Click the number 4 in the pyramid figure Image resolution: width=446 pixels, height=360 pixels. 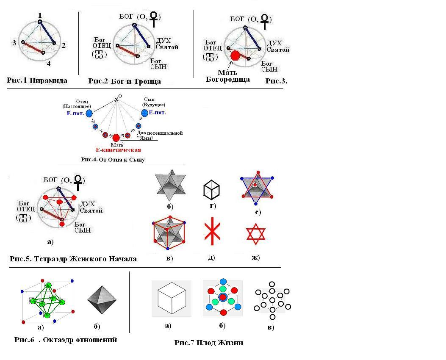tap(48, 64)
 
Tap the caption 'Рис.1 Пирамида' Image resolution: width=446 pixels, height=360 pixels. tap(37, 80)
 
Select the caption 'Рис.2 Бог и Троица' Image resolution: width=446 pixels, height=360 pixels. tap(125, 81)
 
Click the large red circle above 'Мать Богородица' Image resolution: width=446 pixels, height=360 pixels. tap(235, 55)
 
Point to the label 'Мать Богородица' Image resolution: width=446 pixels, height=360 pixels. tap(227, 76)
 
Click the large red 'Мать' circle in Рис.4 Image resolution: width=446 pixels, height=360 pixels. tap(116, 138)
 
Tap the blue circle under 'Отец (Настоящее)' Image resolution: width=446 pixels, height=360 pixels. tap(89, 113)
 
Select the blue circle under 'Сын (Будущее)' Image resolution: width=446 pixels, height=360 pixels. tap(145, 113)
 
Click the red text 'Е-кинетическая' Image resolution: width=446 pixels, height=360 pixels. tap(118, 150)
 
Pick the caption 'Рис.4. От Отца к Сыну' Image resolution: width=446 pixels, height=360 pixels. tap(113, 160)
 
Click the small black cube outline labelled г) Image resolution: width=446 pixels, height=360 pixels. tap(211, 189)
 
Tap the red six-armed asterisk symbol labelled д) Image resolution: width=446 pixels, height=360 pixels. tap(211, 231)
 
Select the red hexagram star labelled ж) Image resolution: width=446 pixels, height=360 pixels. tap(255, 234)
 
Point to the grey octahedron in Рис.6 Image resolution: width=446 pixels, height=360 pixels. tap(102, 300)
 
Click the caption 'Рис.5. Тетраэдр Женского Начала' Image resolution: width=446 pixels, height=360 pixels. tap(73, 259)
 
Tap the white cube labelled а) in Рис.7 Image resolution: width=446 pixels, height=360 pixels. tap(172, 298)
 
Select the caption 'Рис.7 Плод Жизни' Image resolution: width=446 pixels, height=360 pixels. tap(208, 343)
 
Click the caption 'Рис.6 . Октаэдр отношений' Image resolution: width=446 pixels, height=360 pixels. tap(66, 340)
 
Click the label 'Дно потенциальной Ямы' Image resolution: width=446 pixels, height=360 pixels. tap(160, 135)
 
